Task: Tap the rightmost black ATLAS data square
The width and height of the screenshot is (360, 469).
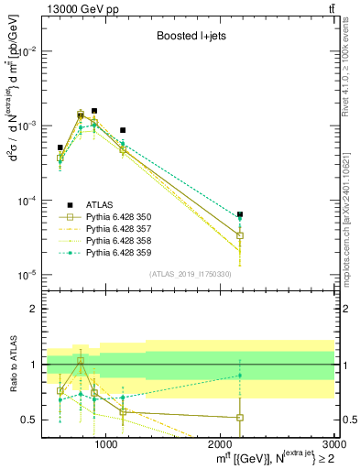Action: click(240, 214)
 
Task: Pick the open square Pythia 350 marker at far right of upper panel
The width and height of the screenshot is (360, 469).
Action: click(240, 235)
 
